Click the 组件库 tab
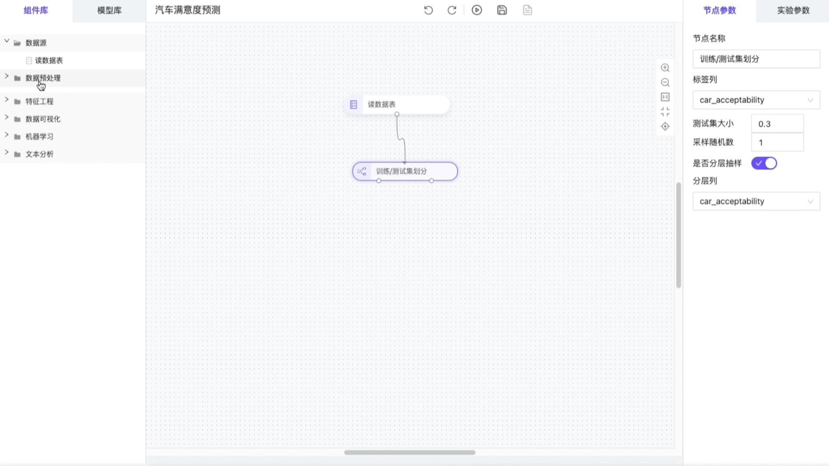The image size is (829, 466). [36, 10]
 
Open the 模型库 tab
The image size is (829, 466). [109, 10]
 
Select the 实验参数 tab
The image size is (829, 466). [793, 10]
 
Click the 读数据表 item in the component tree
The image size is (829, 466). [49, 60]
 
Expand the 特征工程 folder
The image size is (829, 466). [39, 101]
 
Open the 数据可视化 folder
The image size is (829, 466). [43, 119]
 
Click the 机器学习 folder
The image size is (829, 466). [39, 136]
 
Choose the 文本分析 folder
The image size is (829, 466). [39, 154]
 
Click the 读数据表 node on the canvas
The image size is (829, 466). [397, 105]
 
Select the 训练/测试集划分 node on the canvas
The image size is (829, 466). [405, 171]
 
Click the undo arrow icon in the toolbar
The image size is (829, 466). [428, 10]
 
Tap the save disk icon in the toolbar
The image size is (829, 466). [502, 10]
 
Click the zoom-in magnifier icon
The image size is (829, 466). [665, 68]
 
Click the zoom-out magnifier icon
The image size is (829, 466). [665, 83]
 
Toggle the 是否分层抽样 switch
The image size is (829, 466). [764, 163]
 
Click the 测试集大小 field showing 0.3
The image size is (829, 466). [777, 124]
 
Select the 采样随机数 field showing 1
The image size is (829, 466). [777, 142]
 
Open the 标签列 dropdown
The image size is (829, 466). [756, 100]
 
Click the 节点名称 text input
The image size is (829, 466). [756, 59]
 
